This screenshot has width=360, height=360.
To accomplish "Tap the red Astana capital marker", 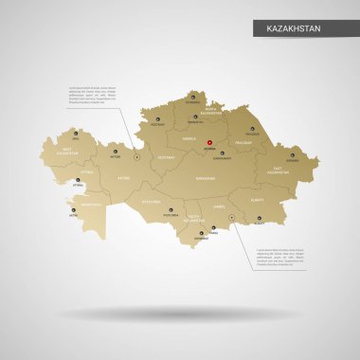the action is click(210, 144).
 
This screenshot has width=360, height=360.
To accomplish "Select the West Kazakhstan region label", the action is click(67, 151).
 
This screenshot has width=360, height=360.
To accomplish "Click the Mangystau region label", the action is click(65, 204).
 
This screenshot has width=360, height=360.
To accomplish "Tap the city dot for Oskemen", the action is click(292, 154).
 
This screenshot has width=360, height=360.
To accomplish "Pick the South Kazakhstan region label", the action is click(193, 218).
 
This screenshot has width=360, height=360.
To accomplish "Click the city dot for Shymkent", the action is click(201, 234).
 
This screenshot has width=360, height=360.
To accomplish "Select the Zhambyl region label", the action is click(220, 206).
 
